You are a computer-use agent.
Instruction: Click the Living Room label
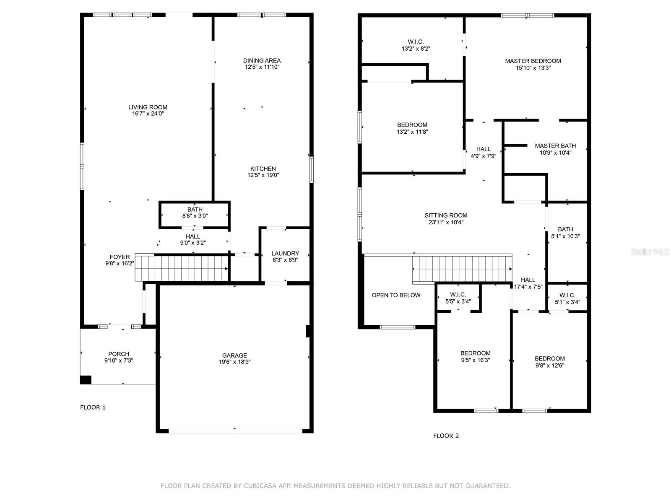(x=148, y=107)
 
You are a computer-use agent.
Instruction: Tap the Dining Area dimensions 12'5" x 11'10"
(x=262, y=67)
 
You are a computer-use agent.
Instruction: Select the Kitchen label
(x=263, y=169)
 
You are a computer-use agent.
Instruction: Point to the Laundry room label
(x=285, y=253)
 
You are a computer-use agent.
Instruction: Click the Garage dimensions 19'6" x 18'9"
(x=234, y=362)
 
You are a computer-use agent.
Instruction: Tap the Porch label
(x=119, y=354)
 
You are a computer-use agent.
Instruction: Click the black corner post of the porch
(x=86, y=380)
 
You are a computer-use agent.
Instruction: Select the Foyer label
(x=120, y=257)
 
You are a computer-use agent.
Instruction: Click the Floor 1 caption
(x=93, y=407)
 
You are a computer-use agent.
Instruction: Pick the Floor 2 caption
(x=446, y=436)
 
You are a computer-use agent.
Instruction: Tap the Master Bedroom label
(x=533, y=61)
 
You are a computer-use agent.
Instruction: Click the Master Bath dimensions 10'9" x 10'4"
(x=555, y=153)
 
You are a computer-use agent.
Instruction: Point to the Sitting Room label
(x=446, y=215)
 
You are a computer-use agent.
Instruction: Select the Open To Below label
(x=396, y=295)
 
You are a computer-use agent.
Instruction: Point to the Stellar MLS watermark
(x=650, y=251)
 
